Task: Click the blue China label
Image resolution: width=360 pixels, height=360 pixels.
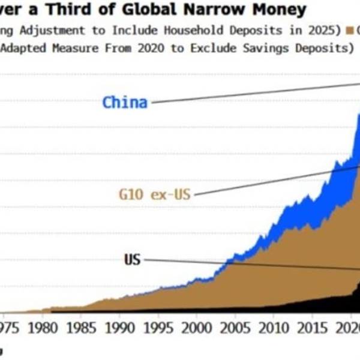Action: (125, 102)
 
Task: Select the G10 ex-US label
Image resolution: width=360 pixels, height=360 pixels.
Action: (155, 194)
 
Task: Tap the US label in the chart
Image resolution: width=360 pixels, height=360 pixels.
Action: (133, 260)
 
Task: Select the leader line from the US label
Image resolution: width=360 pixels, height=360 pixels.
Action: (252, 264)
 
